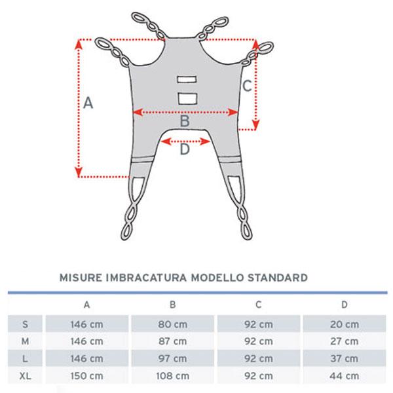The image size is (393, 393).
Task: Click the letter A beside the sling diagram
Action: [x=88, y=103]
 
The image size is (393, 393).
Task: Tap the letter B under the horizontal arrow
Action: [x=185, y=121]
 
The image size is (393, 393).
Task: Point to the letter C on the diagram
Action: [x=247, y=86]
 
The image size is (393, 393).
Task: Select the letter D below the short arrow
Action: [x=185, y=149]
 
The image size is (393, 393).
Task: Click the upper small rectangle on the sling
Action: [x=187, y=79]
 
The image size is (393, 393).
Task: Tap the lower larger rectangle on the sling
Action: [x=187, y=98]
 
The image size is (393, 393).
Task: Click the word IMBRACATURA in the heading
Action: [x=146, y=278]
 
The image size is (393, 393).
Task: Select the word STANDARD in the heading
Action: [x=278, y=278]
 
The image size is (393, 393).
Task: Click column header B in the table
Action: [x=173, y=305]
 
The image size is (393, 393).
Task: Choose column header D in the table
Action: [x=345, y=305]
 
